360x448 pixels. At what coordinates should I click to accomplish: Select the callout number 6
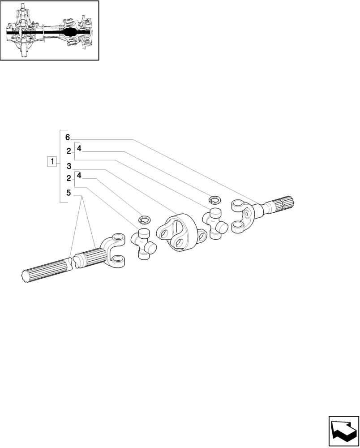click(67, 137)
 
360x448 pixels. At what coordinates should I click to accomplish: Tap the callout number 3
click(69, 166)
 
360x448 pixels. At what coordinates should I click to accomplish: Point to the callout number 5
click(69, 193)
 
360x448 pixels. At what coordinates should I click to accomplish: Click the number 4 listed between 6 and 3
click(79, 148)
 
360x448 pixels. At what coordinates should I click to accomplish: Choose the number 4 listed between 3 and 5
click(79, 175)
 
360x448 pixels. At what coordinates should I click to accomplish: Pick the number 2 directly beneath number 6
click(69, 151)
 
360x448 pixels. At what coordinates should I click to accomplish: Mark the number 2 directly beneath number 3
click(69, 178)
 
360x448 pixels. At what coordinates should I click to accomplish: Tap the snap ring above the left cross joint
click(144, 220)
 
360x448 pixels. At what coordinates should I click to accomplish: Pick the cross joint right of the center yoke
click(214, 221)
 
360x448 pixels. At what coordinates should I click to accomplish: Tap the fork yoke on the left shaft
click(115, 251)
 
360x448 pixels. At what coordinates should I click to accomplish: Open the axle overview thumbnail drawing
click(49, 30)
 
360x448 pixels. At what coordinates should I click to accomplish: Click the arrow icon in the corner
click(344, 431)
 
